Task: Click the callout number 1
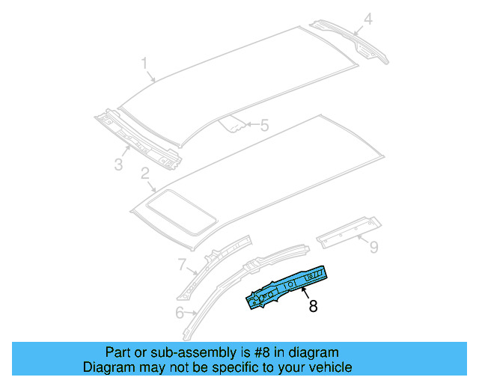click(x=145, y=65)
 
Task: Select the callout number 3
click(x=118, y=164)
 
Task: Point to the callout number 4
click(x=367, y=18)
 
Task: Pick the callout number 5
click(x=263, y=126)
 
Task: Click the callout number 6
click(x=179, y=312)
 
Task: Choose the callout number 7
click(x=181, y=263)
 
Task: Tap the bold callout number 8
click(x=313, y=305)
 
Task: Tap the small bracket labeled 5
click(x=233, y=123)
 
